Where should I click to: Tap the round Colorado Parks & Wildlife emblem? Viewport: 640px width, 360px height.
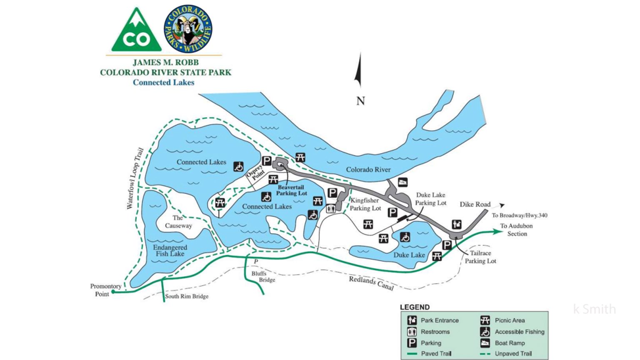(x=188, y=29)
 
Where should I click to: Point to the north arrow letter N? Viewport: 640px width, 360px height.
(x=360, y=101)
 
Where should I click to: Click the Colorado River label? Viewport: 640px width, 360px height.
(x=368, y=170)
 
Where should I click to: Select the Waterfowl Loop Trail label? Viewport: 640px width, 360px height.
(x=135, y=178)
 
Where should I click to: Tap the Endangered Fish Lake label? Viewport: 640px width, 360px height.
(x=170, y=250)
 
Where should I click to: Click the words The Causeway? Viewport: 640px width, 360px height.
(x=178, y=222)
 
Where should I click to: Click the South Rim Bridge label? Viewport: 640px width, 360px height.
(x=187, y=296)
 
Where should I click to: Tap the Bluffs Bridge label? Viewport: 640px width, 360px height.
(x=263, y=277)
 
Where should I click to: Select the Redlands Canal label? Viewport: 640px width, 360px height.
(x=371, y=283)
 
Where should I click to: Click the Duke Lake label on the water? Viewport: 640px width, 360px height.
(x=409, y=255)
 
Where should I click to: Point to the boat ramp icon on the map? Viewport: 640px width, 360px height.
(x=402, y=182)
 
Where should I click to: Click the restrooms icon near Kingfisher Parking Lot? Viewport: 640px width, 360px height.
(x=331, y=208)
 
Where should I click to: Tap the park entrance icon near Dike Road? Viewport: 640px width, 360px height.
(x=457, y=224)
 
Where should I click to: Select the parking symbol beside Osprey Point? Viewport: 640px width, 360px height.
(x=267, y=161)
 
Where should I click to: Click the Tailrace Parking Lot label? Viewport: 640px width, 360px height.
(x=480, y=257)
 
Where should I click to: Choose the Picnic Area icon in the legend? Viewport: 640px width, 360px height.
(x=485, y=320)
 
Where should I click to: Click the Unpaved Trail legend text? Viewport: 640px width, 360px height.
(x=513, y=354)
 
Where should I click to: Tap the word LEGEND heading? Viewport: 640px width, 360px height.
(x=415, y=307)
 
